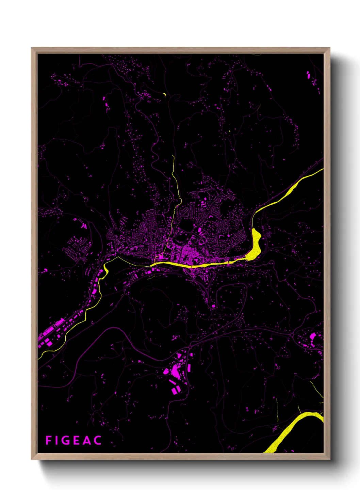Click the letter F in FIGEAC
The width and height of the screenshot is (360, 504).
click(x=49, y=440)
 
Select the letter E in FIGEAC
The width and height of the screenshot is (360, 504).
click(x=77, y=440)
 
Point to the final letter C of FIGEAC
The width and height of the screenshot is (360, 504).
click(x=98, y=440)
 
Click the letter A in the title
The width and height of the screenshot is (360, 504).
click(x=87, y=440)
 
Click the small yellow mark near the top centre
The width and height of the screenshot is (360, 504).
click(x=165, y=94)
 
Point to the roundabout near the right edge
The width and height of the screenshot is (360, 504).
click(x=292, y=335)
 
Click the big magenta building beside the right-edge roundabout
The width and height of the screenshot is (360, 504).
click(x=312, y=336)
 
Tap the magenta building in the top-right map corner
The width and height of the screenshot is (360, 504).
click(x=308, y=75)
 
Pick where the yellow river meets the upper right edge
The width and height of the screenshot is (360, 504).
click(x=322, y=169)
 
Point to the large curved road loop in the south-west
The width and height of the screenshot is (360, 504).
click(x=112, y=329)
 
